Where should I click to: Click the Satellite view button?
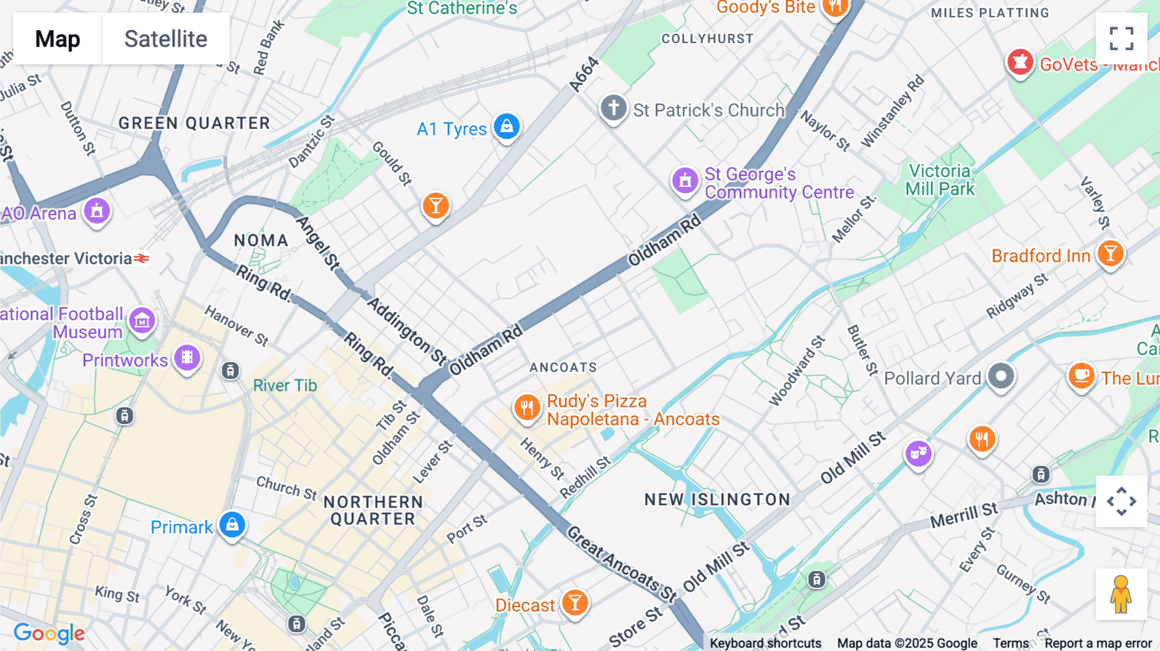(166, 39)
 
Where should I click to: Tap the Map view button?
(57, 39)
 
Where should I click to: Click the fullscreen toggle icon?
(1121, 39)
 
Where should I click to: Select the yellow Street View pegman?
(1121, 594)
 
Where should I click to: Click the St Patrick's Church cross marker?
(613, 108)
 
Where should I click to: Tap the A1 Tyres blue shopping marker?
(507, 126)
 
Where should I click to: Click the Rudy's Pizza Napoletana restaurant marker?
(527, 408)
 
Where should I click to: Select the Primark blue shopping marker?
(232, 525)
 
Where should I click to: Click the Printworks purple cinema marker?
(187, 357)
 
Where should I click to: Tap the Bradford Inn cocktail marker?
(1110, 254)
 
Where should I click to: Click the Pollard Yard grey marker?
(1001, 376)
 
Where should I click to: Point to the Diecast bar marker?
(575, 603)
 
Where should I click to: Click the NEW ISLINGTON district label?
(717, 500)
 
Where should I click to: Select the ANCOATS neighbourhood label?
(563, 367)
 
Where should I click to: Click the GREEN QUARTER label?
(194, 123)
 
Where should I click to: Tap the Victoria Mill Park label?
(940, 180)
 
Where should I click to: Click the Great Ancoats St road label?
(621, 563)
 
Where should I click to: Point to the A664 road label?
(584, 75)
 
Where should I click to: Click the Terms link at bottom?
(1010, 643)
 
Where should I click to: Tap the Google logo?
(49, 633)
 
